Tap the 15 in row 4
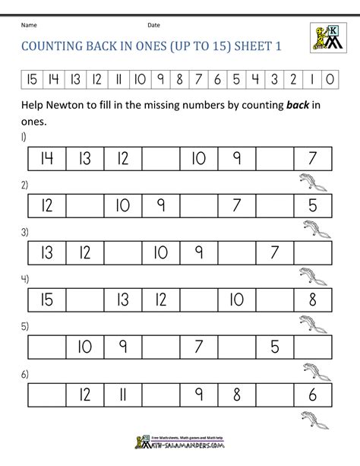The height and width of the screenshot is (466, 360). click(46, 298)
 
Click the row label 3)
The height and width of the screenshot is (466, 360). click(25, 232)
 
